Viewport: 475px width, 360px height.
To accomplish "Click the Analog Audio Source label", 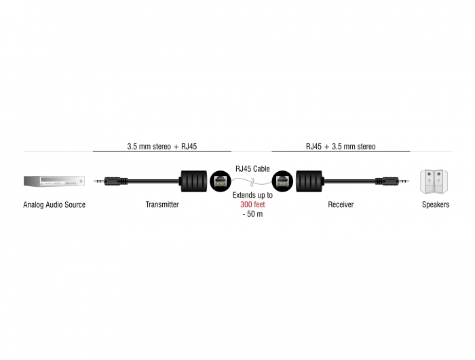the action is pos(54,204).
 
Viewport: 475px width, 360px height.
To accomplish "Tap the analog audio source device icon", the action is pos(54,181).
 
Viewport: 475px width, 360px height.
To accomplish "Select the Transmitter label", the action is pos(162,204).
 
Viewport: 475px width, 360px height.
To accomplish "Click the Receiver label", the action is pos(341,204).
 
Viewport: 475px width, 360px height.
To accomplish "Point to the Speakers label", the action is pos(436,204).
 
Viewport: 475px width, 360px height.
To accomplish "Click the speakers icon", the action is pos(434,181).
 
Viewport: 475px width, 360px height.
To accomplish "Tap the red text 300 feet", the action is pos(252,204).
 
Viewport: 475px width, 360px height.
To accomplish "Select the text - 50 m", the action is pos(252,214).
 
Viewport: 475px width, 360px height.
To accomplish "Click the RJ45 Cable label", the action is pos(252,168).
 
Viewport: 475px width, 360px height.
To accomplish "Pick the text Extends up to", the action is pos(252,196).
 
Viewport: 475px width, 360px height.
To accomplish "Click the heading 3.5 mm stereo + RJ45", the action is pos(162,147).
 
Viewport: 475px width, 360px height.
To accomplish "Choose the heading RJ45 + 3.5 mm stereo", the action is pos(341,147).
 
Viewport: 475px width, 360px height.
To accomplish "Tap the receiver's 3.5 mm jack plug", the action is pos(392,181).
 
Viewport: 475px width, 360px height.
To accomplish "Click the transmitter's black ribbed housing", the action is pos(193,181).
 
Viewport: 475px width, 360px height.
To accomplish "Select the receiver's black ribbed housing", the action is pos(309,181).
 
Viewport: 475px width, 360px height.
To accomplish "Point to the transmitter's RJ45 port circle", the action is pos(221,181).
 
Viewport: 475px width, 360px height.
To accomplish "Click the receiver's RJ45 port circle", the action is pos(283,181).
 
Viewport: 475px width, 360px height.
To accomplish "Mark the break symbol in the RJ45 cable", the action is pos(252,183).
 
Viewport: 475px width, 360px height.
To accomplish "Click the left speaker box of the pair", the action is pos(427,181).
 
